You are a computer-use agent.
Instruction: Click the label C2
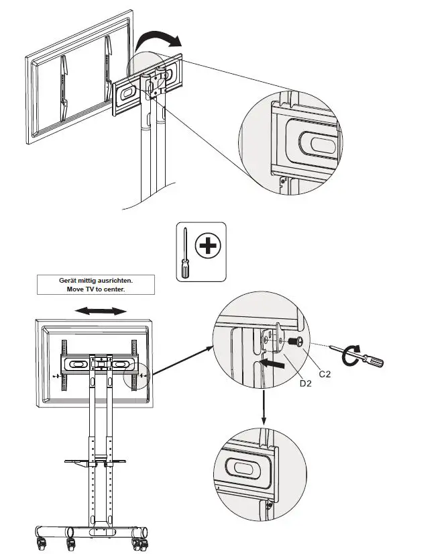coord(325,374)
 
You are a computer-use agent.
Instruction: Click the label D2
coord(306,383)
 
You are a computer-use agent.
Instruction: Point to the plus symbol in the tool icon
coord(209,246)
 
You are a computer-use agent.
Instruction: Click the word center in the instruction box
coord(114,289)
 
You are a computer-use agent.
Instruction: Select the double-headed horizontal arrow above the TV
coord(100,311)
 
